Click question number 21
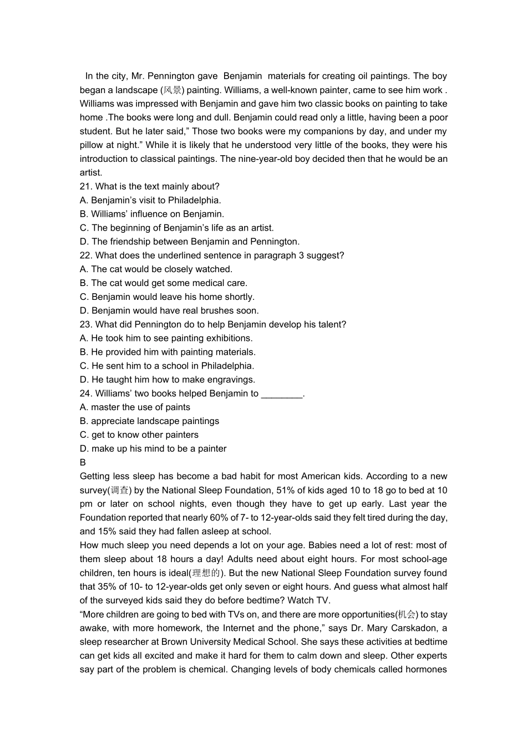click(x=86, y=186)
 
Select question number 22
click(x=86, y=256)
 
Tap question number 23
click(x=86, y=324)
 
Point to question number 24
click(x=86, y=394)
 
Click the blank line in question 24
click(x=282, y=395)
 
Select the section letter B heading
click(x=83, y=462)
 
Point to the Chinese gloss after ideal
click(x=206, y=573)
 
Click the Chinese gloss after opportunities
click(x=407, y=615)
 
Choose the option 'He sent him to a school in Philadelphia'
click(x=167, y=366)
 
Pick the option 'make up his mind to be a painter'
click(x=153, y=448)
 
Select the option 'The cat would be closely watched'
click(x=156, y=269)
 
